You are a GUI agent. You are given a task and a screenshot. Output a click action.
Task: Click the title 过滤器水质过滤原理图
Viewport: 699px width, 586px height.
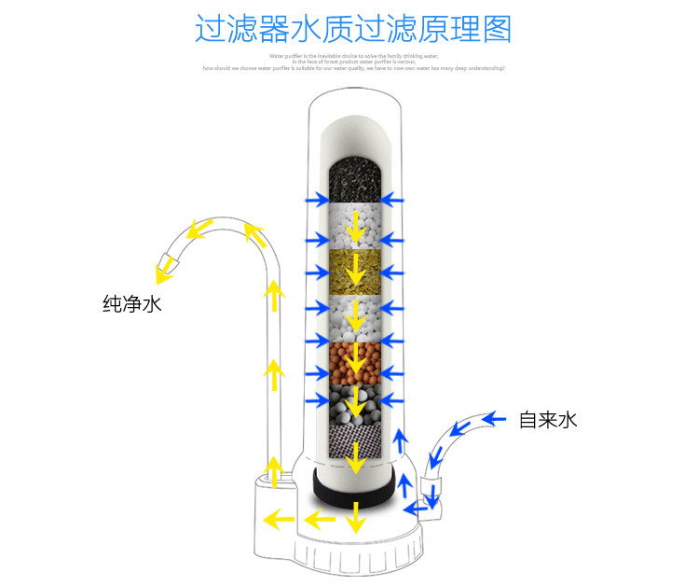(353, 28)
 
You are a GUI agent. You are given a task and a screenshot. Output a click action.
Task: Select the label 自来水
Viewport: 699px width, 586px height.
(548, 419)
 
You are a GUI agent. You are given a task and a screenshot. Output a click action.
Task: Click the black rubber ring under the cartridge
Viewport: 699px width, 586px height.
(353, 487)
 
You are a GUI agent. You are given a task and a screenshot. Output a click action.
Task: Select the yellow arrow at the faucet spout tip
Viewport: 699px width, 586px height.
(169, 267)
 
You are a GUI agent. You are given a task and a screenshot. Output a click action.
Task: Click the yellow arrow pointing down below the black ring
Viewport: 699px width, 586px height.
(353, 518)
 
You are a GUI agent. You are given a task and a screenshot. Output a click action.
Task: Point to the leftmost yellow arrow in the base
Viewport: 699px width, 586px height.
(275, 517)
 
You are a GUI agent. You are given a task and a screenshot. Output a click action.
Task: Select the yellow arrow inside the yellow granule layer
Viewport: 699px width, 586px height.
(353, 271)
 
